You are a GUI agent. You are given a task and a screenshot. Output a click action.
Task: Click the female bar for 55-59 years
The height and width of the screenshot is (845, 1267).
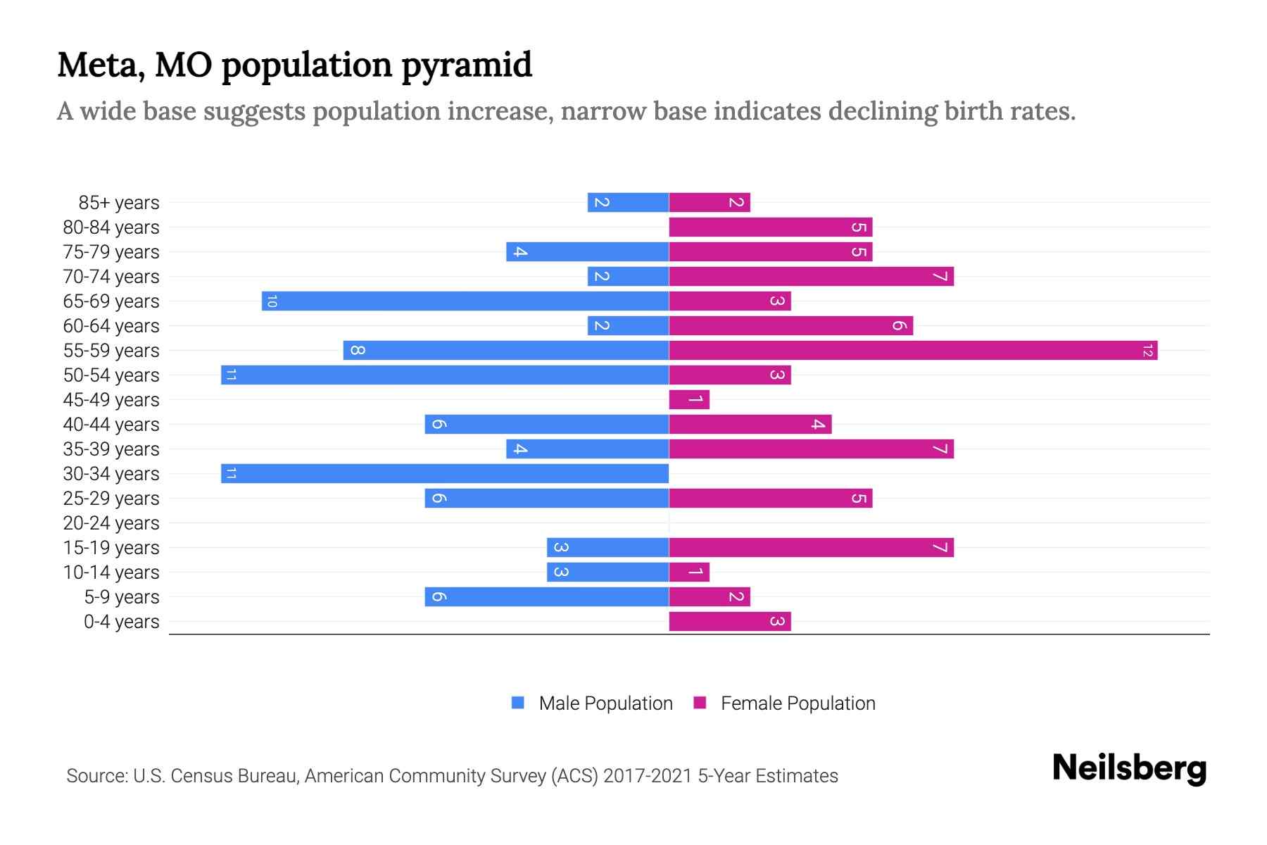913,350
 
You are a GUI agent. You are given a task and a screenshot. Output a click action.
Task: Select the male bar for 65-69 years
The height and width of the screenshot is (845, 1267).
465,301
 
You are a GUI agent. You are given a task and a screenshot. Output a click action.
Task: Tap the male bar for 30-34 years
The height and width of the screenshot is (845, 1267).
445,473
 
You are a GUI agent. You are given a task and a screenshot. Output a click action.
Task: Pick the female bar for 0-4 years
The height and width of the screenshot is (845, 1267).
730,621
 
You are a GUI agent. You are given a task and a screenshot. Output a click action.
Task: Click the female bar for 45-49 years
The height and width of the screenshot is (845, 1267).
689,399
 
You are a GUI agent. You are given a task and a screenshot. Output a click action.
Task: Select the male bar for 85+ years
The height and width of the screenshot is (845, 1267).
628,202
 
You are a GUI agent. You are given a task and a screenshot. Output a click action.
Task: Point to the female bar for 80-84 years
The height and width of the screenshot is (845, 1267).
771,227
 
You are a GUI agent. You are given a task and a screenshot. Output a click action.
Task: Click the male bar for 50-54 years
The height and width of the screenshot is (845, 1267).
445,375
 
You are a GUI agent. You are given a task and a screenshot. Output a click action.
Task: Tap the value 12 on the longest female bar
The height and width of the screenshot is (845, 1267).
1147,351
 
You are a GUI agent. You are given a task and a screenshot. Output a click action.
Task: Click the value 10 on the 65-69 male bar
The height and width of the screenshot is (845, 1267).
272,301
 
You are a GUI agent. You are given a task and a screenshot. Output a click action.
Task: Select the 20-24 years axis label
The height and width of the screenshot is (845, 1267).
111,523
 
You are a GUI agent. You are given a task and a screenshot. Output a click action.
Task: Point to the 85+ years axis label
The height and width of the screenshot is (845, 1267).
119,203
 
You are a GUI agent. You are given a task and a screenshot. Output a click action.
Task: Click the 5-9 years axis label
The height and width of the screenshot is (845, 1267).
122,597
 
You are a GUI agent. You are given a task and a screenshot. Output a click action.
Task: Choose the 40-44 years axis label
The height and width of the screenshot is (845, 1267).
111,425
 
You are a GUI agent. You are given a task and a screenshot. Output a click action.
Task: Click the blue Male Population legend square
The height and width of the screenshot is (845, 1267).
518,703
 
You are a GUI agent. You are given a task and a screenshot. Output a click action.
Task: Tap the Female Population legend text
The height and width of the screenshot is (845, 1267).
798,703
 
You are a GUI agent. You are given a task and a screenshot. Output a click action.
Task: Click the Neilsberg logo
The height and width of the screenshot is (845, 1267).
1129,768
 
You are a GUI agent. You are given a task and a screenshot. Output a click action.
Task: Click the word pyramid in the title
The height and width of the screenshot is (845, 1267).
467,65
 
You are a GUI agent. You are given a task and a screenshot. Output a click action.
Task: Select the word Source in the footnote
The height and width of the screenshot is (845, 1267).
96,776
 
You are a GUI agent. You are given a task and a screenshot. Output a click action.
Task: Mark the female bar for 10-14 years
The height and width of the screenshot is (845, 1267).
689,572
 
